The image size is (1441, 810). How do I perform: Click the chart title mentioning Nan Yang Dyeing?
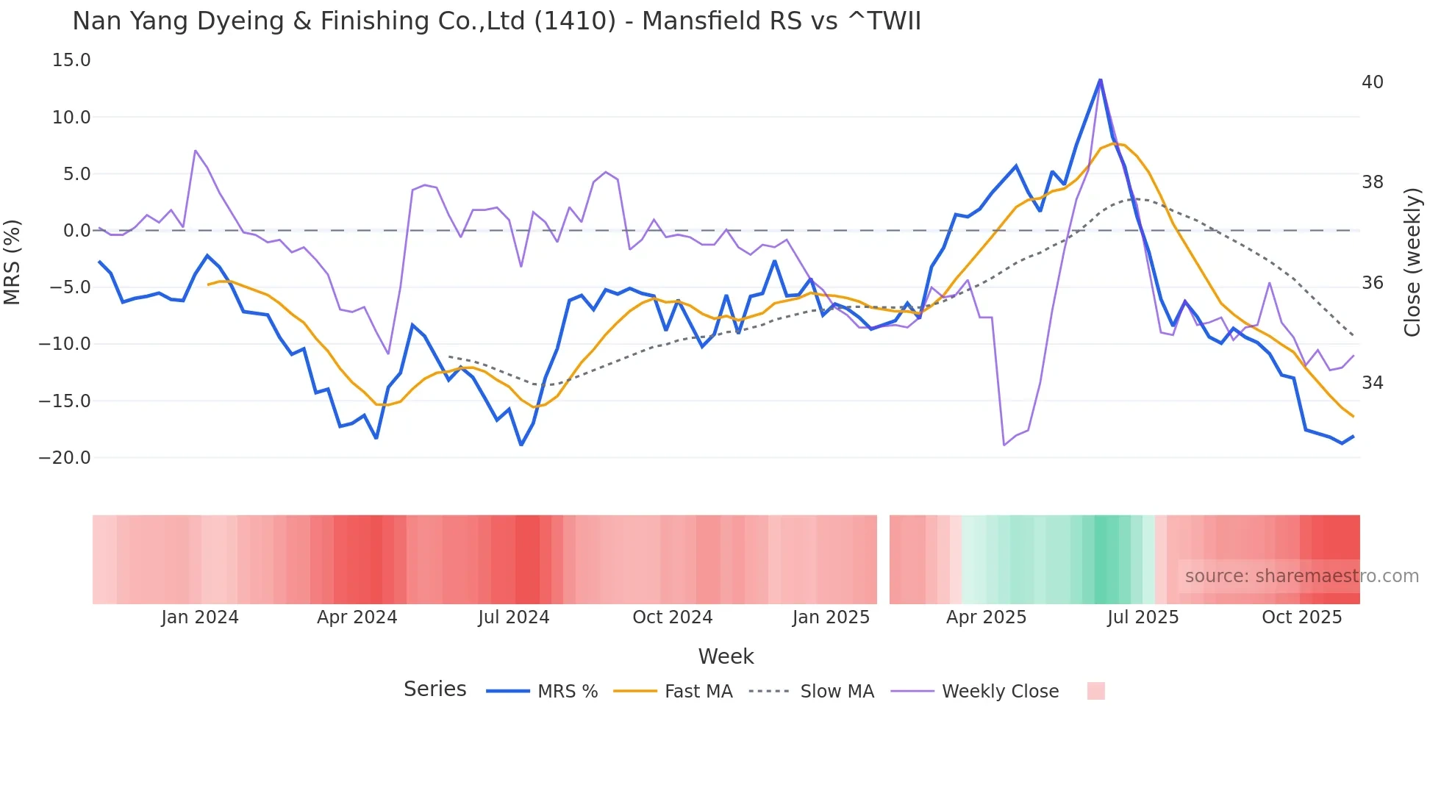[x=496, y=21]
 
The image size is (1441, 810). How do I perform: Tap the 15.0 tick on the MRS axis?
[x=71, y=60]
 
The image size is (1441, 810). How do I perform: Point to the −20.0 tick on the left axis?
[x=65, y=458]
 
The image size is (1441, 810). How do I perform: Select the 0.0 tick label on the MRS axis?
[x=76, y=231]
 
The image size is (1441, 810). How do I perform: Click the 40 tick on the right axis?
[x=1372, y=82]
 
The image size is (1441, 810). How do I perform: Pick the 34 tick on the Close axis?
[x=1372, y=383]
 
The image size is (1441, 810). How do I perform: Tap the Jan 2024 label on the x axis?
[x=200, y=617]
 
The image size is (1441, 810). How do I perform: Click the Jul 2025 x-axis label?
[x=1143, y=617]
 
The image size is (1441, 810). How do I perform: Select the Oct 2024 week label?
[x=672, y=617]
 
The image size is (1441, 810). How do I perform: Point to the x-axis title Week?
[x=726, y=656]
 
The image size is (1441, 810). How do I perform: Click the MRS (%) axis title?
[x=12, y=262]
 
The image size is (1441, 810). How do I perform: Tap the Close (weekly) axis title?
[x=1412, y=262]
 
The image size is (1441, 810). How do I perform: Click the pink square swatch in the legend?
[x=1095, y=691]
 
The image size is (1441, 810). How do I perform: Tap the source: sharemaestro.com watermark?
[x=1301, y=576]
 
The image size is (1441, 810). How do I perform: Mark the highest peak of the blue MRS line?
[x=1100, y=80]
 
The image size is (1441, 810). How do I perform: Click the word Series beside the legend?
[x=435, y=689]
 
